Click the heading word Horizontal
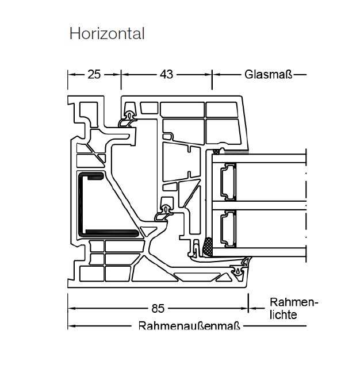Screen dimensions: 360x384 click(x=107, y=33)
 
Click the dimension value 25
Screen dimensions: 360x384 click(x=94, y=74)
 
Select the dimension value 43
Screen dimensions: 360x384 click(x=167, y=74)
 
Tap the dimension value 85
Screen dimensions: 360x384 click(x=158, y=309)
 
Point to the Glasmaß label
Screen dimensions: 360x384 click(x=269, y=74)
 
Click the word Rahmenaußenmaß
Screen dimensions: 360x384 click(x=189, y=326)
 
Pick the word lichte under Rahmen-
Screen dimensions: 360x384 click(x=283, y=315)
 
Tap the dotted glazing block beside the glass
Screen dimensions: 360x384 click(x=208, y=247)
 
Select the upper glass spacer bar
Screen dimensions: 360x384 click(x=228, y=182)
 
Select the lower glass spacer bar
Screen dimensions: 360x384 click(x=228, y=229)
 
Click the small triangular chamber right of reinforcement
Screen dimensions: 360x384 click(x=148, y=231)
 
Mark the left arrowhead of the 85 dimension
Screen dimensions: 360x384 click(x=71, y=309)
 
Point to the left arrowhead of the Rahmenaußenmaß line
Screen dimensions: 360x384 click(x=71, y=326)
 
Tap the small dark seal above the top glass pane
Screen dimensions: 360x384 click(x=216, y=152)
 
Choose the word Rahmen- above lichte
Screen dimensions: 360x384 click(x=294, y=302)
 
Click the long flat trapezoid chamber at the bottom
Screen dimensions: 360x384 click(x=197, y=277)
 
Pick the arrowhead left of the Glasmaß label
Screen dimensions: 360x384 click(x=216, y=74)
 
